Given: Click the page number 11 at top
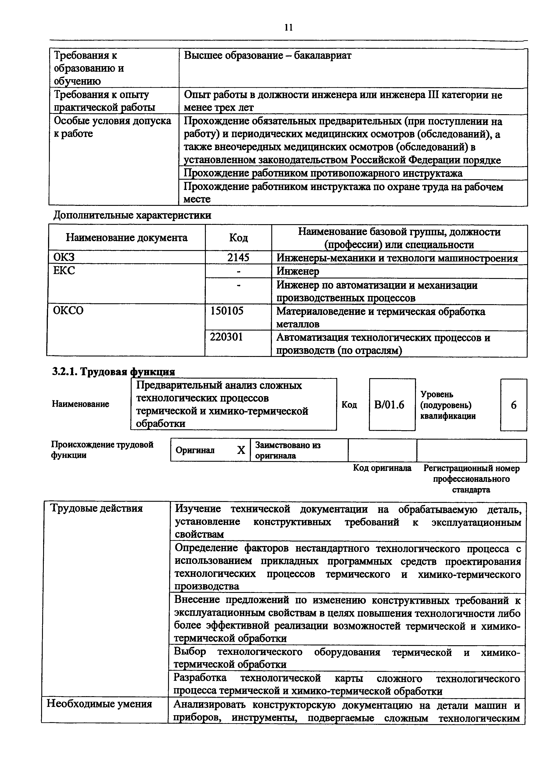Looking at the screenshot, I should point(289,27).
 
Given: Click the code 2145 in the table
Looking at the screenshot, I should point(238,257).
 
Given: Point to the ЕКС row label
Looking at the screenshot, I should point(64,271).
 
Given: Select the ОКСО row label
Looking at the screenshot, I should point(68,311).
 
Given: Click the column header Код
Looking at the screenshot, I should point(238,238).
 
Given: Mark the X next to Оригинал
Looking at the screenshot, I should point(241,450).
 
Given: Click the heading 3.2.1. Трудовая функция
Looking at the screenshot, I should point(113,371).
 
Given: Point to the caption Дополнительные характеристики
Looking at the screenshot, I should point(133,215).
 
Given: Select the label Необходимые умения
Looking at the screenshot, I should point(99,704).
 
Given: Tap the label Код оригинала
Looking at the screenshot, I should point(382,468).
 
